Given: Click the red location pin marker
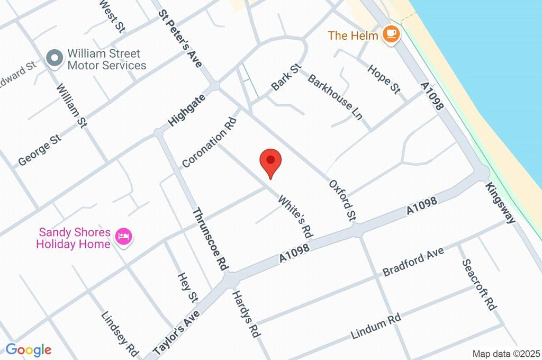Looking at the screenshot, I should pyautogui.click(x=270, y=162).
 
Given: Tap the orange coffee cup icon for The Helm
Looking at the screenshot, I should pyautogui.click(x=392, y=34).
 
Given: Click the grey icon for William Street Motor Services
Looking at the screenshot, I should pyautogui.click(x=54, y=59).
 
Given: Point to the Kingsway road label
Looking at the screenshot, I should pyautogui.click(x=500, y=203).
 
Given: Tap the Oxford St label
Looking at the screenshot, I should pyautogui.click(x=343, y=200).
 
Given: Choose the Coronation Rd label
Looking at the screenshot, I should pyautogui.click(x=209, y=142).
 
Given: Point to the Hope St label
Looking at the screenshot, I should pyautogui.click(x=384, y=78).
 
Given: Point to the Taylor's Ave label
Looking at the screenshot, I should pyautogui.click(x=176, y=332).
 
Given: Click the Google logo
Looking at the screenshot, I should pyautogui.click(x=29, y=349).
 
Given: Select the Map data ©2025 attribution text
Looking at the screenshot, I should pyautogui.click(x=506, y=354).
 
